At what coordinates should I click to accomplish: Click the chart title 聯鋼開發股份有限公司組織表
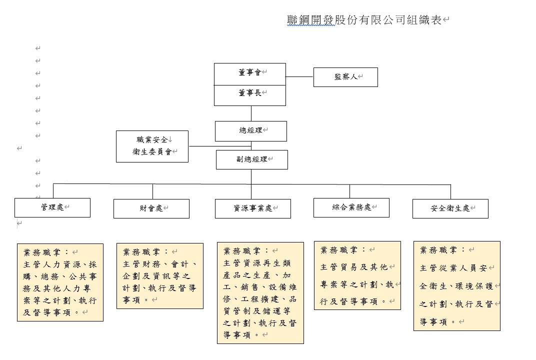pyautogui.click(x=364, y=20)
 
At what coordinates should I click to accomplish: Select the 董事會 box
pyautogui.click(x=250, y=74)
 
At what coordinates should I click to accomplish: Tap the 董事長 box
pyautogui.click(x=250, y=95)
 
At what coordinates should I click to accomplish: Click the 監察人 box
pyautogui.click(x=345, y=77)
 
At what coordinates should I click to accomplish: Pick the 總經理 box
pyautogui.click(x=251, y=131)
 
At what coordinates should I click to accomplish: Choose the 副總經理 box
pyautogui.click(x=252, y=159)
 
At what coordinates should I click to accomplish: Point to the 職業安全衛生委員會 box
pyautogui.click(x=152, y=146)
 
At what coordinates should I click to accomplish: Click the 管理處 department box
pyautogui.click(x=52, y=207)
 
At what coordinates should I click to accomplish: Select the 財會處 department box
pyautogui.click(x=151, y=208)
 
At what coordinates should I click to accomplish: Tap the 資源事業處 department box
pyautogui.click(x=253, y=208)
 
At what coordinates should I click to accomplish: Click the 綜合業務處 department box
pyautogui.click(x=351, y=207)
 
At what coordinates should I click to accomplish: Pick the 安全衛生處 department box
pyautogui.click(x=450, y=208)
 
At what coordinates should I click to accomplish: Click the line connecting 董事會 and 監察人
pyautogui.click(x=300, y=76)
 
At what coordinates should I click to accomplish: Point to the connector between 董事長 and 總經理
pyautogui.click(x=251, y=113)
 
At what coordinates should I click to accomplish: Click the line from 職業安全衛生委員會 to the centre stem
pyautogui.click(x=220, y=146)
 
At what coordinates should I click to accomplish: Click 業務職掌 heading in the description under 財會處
pyautogui.click(x=141, y=252)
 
